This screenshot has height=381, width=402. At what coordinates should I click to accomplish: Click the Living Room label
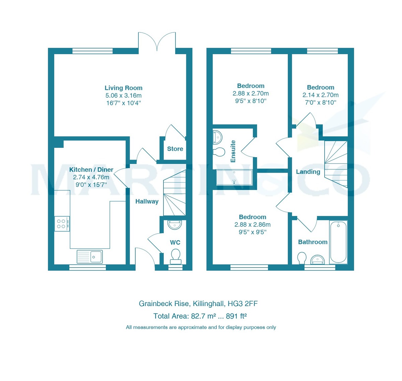click(123, 88)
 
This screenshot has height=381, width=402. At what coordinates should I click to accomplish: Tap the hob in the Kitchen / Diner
click(62, 224)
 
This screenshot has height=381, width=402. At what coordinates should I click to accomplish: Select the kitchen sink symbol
click(89, 257)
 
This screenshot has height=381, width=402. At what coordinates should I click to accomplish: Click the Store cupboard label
click(175, 149)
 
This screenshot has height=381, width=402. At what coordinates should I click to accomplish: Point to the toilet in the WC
click(176, 256)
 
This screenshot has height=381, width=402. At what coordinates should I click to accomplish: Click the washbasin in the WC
click(175, 224)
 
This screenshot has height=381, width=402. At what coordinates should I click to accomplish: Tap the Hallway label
click(147, 201)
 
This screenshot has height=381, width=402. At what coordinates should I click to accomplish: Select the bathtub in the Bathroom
click(338, 242)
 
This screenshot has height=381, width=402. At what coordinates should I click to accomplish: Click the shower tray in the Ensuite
click(234, 177)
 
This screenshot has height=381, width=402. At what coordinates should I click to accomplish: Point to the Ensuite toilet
click(219, 152)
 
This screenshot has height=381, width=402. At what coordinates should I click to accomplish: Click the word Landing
click(308, 172)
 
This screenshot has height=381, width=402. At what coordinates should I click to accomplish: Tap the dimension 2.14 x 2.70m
click(320, 95)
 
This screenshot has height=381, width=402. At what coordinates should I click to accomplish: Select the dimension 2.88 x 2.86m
click(252, 225)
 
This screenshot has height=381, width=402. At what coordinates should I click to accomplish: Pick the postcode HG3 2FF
click(243, 304)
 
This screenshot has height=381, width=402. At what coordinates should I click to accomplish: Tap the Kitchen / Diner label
click(91, 170)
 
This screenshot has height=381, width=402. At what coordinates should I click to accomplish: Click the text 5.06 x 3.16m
click(123, 96)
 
